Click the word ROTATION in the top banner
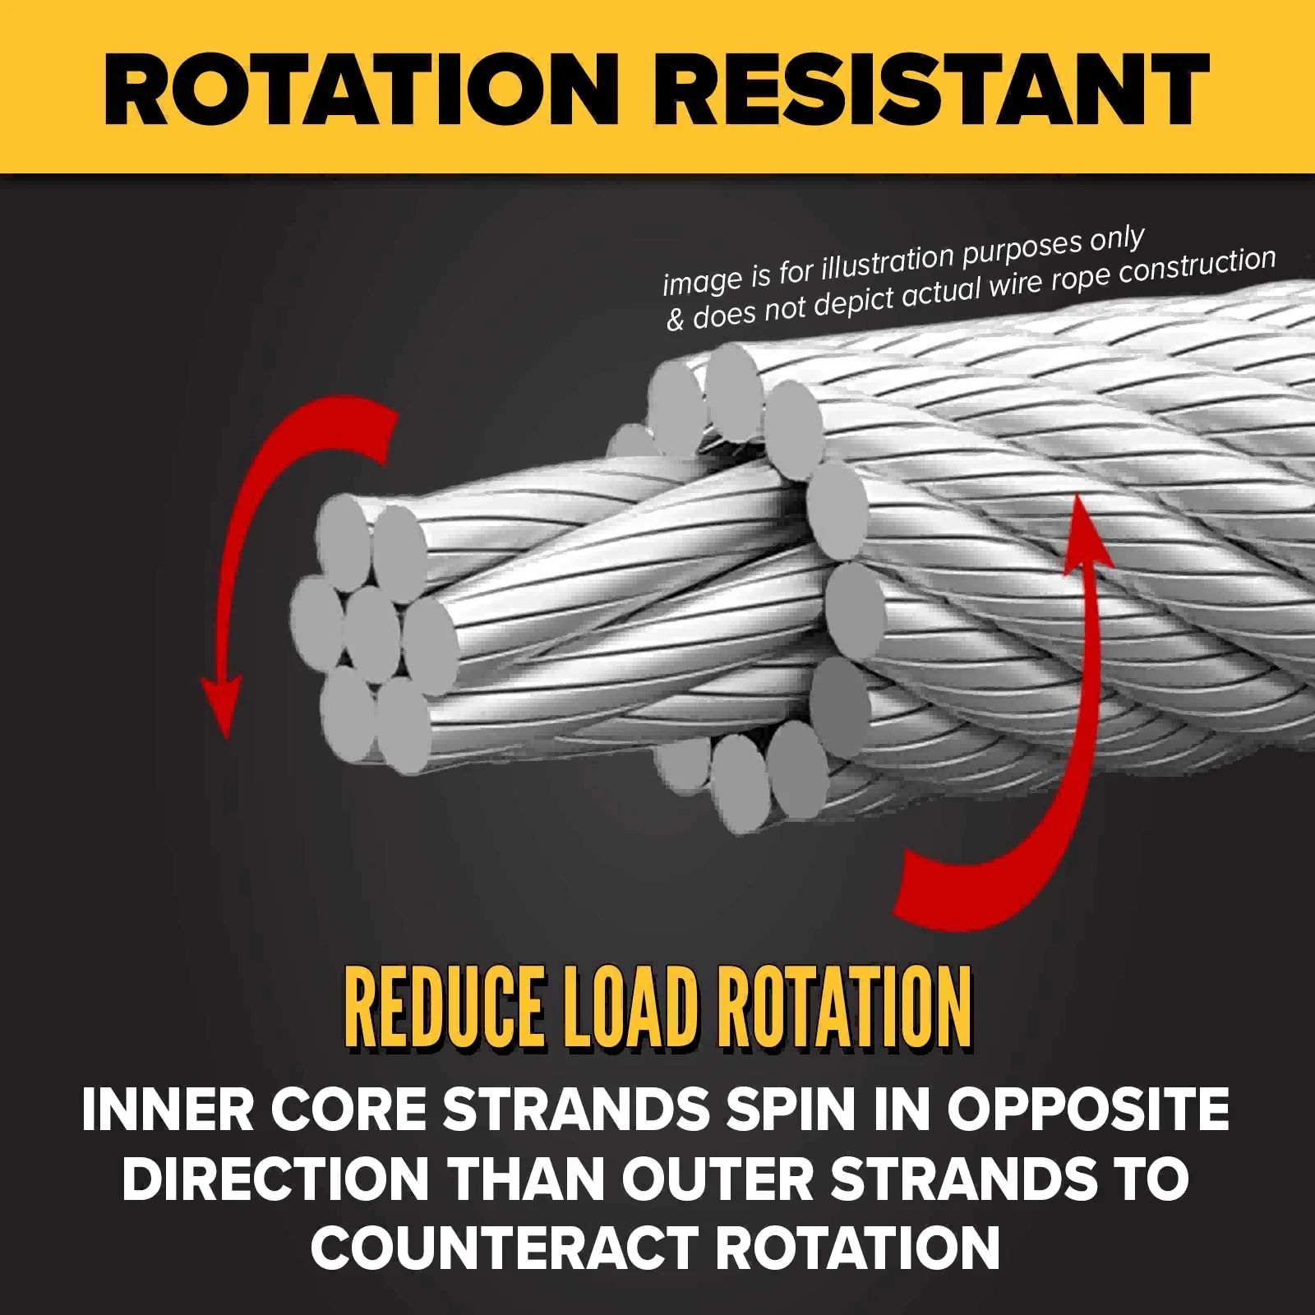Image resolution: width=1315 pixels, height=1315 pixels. click(x=361, y=90)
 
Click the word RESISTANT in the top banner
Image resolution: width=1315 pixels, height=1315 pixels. click(x=931, y=90)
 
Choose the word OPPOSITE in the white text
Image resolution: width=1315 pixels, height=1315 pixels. click(x=1088, y=1109)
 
